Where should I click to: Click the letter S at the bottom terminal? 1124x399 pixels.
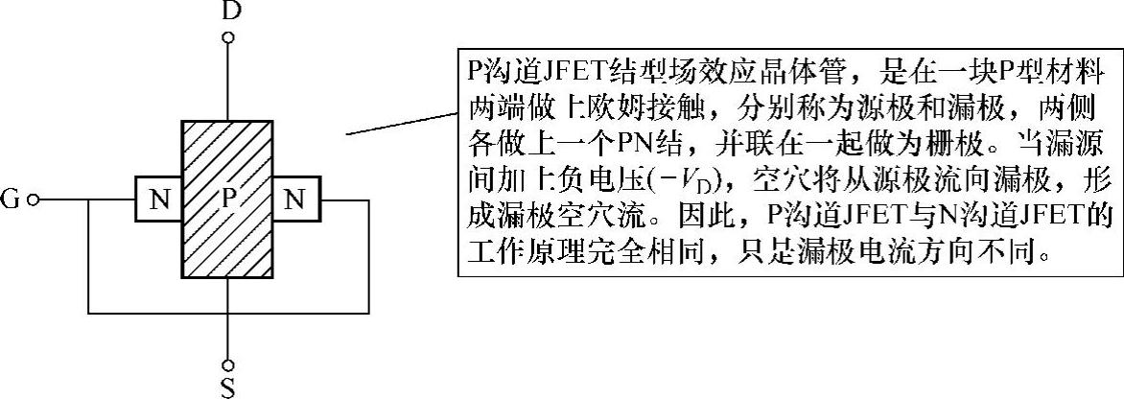[228, 387]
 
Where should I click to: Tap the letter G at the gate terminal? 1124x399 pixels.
[12, 200]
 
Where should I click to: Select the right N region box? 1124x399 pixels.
[296, 200]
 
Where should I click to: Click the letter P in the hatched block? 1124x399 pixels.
[228, 199]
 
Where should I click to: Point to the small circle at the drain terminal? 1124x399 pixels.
[228, 39]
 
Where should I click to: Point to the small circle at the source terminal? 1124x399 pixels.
[228, 364]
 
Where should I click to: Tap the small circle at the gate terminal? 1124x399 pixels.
[34, 200]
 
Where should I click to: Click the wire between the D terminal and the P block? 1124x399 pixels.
[228, 82]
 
